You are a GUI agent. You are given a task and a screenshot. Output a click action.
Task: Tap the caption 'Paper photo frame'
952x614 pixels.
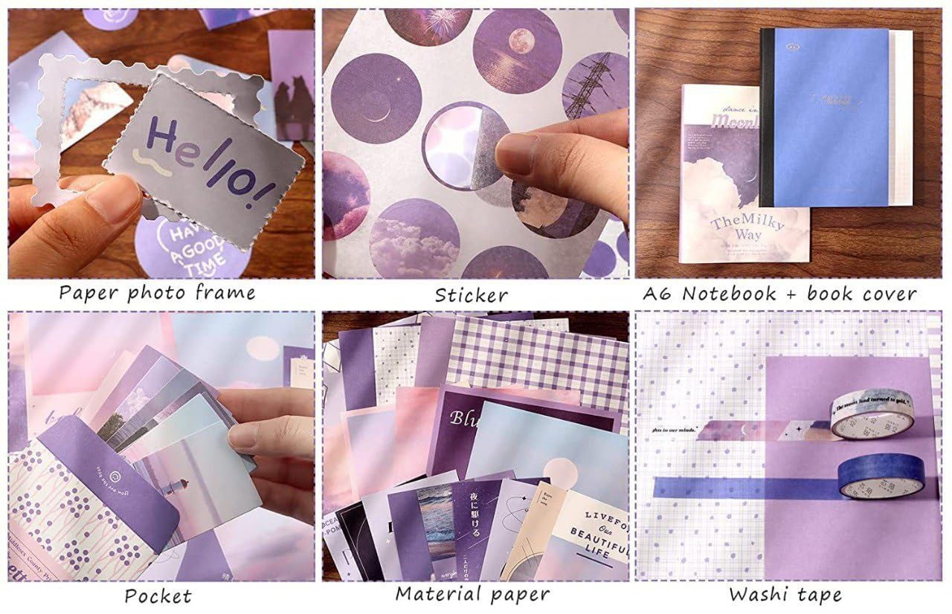(157, 292)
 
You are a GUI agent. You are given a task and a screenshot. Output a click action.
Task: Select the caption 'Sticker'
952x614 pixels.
(472, 294)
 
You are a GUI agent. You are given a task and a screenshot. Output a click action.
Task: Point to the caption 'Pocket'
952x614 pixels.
(158, 595)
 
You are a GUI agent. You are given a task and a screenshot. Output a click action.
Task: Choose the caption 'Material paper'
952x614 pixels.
(472, 593)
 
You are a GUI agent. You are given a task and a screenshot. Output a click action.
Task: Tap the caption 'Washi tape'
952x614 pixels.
(785, 594)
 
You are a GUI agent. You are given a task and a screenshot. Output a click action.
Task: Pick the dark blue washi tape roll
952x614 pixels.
(881, 476)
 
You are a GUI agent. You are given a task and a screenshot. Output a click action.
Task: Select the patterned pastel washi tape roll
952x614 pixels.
(872, 417)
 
